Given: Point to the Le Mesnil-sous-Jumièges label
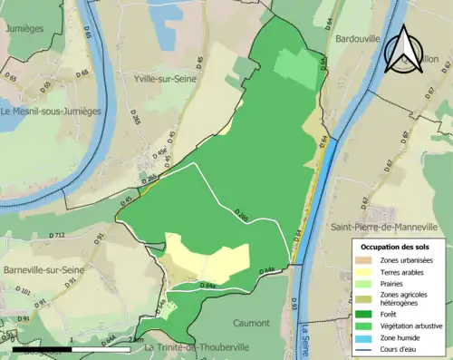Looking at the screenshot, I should click(x=52, y=112).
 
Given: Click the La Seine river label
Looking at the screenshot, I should click(x=305, y=337).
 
